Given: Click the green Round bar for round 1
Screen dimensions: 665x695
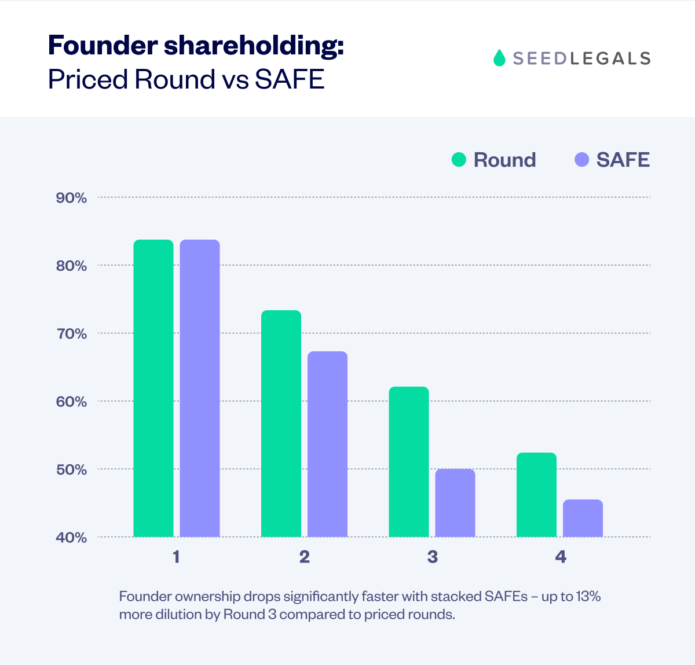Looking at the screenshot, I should [153, 388].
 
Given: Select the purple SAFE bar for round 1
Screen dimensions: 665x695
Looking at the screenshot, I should [200, 388].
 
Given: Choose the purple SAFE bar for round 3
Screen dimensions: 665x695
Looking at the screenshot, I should [455, 503].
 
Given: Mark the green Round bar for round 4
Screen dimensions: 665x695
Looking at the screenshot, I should [536, 495].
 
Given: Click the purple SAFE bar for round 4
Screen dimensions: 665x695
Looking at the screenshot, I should [583, 518].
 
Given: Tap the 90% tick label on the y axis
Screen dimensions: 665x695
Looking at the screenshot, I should [71, 198].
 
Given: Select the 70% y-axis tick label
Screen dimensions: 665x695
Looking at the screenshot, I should [71, 334].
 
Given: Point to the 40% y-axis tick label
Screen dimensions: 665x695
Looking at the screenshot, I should [71, 538].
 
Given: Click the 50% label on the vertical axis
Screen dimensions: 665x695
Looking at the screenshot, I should [71, 469].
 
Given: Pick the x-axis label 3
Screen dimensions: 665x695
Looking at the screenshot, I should [433, 557].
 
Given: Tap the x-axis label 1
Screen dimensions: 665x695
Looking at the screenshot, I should [176, 557].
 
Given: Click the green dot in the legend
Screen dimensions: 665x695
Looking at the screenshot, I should [459, 160].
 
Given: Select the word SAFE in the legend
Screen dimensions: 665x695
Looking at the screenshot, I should [623, 160].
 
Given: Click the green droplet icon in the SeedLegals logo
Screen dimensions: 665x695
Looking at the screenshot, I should [499, 58].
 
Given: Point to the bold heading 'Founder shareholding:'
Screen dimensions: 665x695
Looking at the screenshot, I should [196, 45].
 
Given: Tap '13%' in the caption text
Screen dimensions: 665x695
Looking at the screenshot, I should [588, 596].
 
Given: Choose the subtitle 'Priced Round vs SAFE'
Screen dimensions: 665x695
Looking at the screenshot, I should [186, 79].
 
